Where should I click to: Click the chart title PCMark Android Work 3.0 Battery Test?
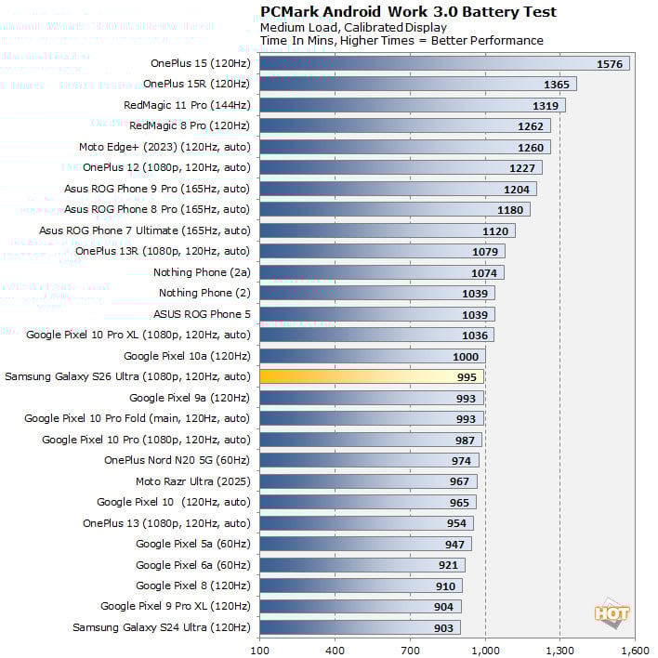pyautogui.click(x=408, y=12)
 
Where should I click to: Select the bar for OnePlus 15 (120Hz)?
pyautogui.click(x=444, y=63)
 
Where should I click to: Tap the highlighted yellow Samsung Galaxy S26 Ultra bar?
pyautogui.click(x=371, y=376)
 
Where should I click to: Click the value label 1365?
pyautogui.click(x=556, y=85)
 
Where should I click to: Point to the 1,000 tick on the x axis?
pyautogui.click(x=485, y=648)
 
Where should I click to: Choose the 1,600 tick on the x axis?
pyautogui.click(x=635, y=648)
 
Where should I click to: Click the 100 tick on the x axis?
pyautogui.click(x=259, y=648)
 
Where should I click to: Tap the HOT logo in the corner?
pyautogui.click(x=612, y=613)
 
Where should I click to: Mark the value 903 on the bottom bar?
pyautogui.click(x=444, y=628)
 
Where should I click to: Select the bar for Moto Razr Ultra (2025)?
pyautogui.click(x=368, y=481)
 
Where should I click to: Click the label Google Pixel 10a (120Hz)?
pyautogui.click(x=187, y=356)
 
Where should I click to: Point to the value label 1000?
pyautogui.click(x=466, y=357)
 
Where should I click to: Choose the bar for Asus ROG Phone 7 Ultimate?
pyautogui.click(x=387, y=230)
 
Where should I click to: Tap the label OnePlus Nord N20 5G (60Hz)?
pyautogui.click(x=178, y=460)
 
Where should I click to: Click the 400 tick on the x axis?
pyautogui.click(x=335, y=648)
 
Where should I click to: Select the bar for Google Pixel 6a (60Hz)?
pyautogui.click(x=362, y=565)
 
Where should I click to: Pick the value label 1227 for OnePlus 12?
pyautogui.click(x=521, y=168)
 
